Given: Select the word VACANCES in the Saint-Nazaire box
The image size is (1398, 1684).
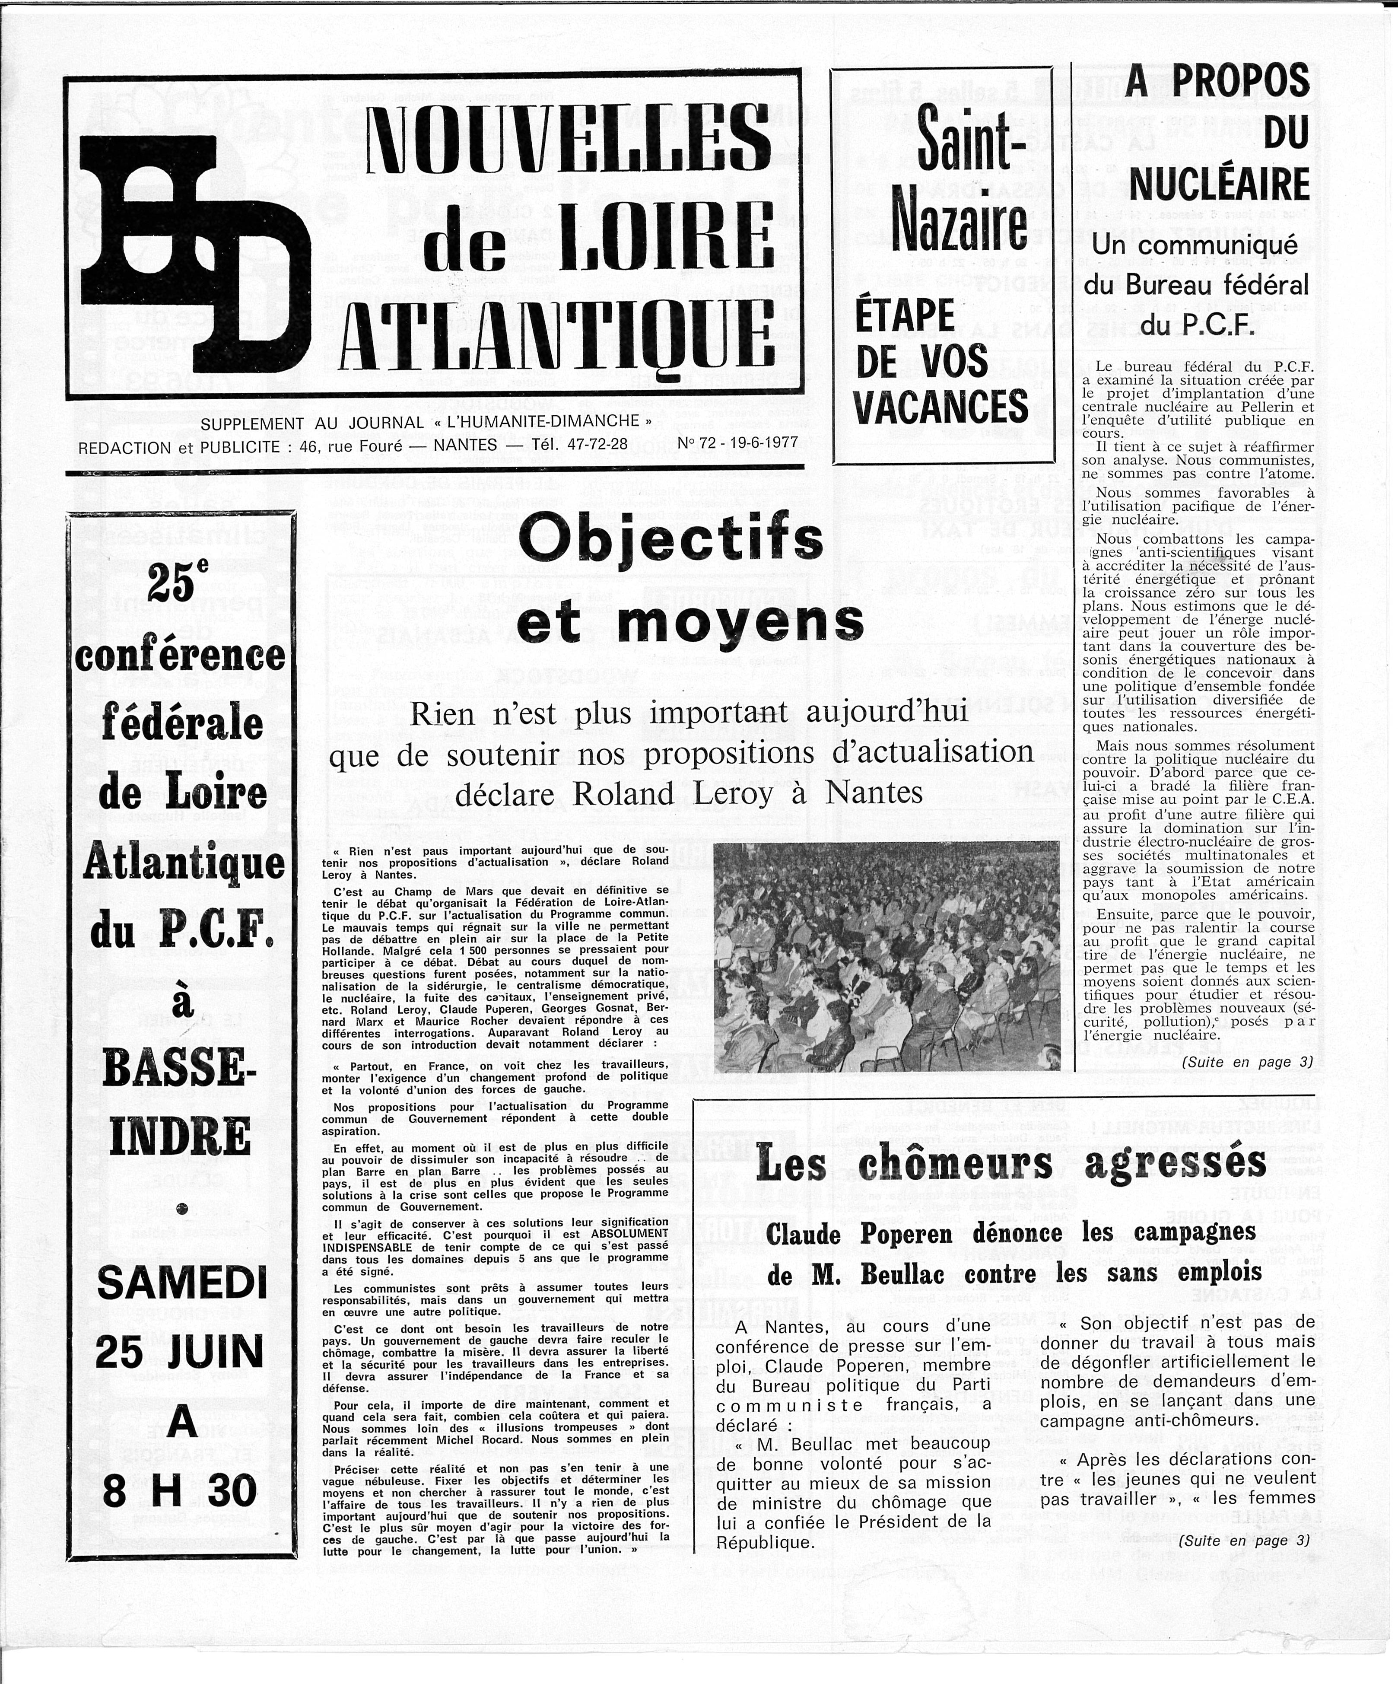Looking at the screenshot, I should tap(941, 407).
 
